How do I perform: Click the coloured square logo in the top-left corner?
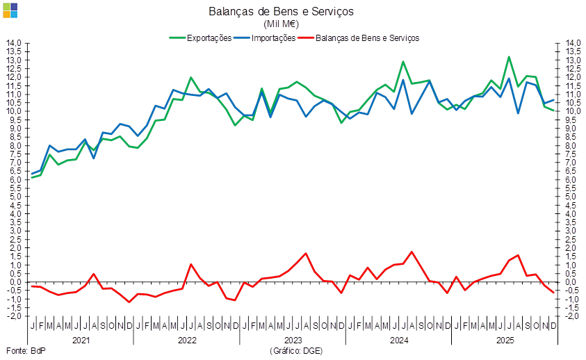click(10, 10)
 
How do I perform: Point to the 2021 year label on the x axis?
click(81, 341)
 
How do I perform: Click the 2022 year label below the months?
click(187, 341)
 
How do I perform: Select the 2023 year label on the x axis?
click(293, 341)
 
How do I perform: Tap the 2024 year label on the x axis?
click(399, 341)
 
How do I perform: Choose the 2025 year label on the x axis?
click(505, 341)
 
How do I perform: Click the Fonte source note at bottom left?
click(24, 352)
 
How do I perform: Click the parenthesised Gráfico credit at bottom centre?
click(295, 352)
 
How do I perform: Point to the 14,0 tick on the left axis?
click(15, 43)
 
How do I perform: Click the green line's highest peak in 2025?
click(509, 57)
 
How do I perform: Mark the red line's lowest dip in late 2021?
click(129, 302)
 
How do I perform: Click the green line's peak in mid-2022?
click(191, 78)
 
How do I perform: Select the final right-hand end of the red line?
click(554, 293)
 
